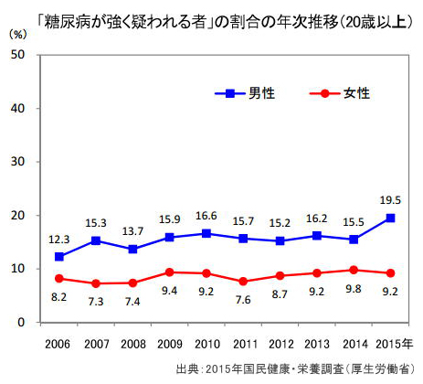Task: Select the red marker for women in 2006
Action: [60, 278]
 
